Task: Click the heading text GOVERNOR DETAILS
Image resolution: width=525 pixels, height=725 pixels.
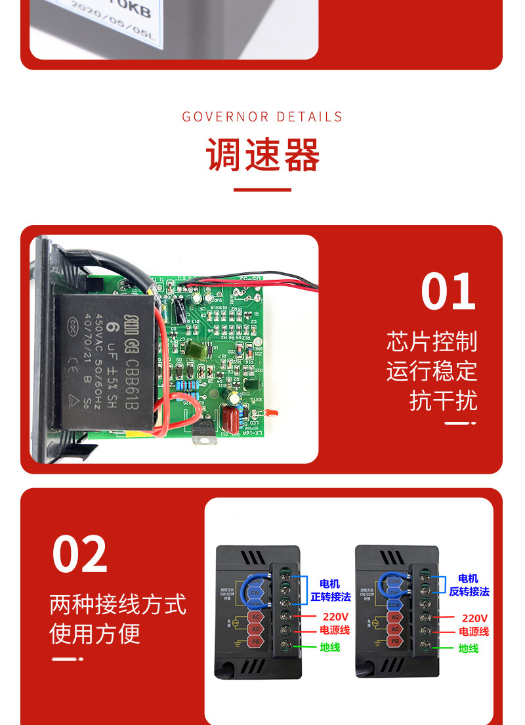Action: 262,117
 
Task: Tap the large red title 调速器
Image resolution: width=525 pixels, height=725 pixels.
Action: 262,155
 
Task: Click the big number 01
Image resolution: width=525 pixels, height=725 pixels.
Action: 448,292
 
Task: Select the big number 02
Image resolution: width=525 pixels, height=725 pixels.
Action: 79,554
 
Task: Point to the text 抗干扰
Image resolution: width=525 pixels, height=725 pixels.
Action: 443,400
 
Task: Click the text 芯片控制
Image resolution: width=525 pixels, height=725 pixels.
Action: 431,342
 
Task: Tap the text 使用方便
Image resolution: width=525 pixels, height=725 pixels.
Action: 95,634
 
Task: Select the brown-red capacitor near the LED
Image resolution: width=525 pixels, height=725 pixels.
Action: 229,417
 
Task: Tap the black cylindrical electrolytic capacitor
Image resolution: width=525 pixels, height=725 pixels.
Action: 178,309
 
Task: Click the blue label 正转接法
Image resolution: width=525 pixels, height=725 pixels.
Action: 331,597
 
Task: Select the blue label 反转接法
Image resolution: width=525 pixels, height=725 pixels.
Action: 469,591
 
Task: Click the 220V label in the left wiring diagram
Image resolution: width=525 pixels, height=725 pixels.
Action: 335,617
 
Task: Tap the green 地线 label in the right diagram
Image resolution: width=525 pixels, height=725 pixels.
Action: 469,648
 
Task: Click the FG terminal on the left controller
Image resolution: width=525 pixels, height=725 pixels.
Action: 256,640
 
